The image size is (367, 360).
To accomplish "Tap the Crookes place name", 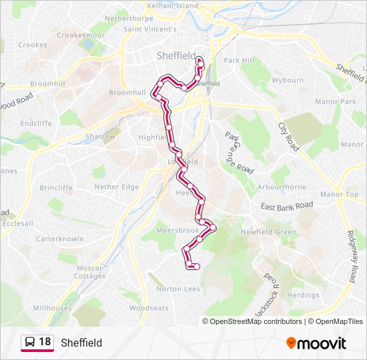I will pyautogui.click(x=33, y=45).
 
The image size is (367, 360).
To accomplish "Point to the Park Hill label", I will pyautogui.click(x=239, y=60).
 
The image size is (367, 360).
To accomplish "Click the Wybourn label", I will pyautogui.click(x=288, y=80).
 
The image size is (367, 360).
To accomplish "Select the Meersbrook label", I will pyautogui.click(x=177, y=231).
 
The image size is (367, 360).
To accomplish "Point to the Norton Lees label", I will pyautogui.click(x=178, y=289).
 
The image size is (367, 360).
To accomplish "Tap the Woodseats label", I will pyautogui.click(x=149, y=308).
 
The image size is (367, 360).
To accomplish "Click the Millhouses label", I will pyautogui.click(x=52, y=308).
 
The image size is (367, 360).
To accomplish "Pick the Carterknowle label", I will pyautogui.click(x=60, y=238).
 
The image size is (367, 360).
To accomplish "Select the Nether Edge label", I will pyautogui.click(x=117, y=187).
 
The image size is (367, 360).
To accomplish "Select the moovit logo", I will pyautogui.click(x=316, y=343).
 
